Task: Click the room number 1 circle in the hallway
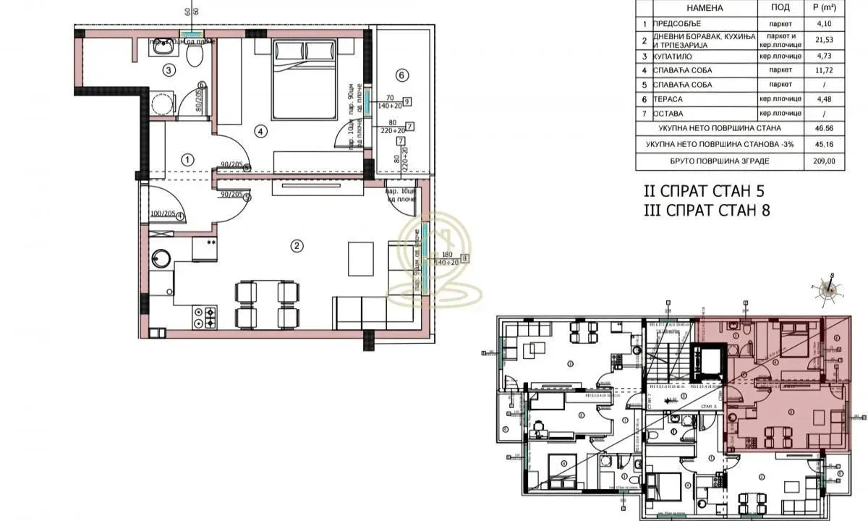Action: click(187, 158)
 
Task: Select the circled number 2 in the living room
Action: click(296, 245)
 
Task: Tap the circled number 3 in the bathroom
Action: click(169, 70)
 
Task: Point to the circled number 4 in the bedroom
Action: click(261, 131)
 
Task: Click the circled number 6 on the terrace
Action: click(402, 74)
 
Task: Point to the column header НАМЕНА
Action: click(695, 8)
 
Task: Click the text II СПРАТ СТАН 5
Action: click(704, 192)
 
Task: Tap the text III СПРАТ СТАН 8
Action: click(705, 211)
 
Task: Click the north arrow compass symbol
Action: click(828, 288)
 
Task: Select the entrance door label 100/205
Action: click(163, 215)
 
